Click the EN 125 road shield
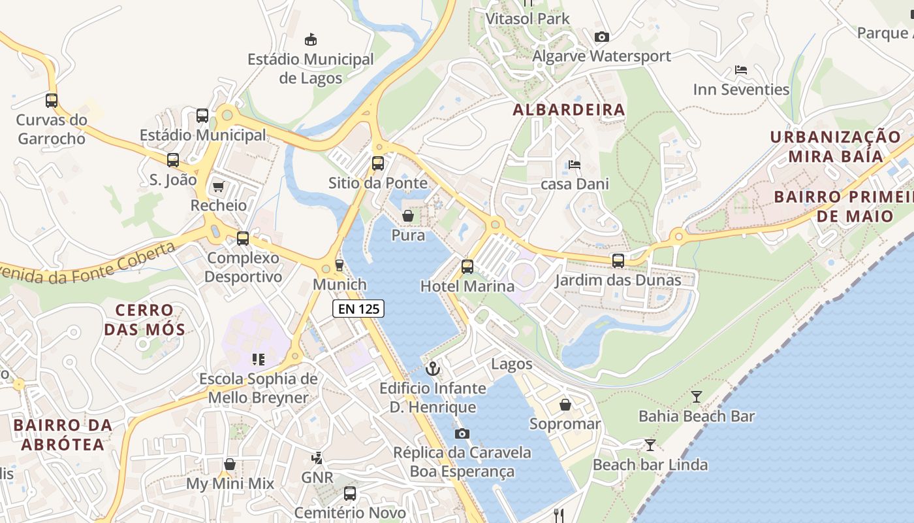pos(358,309)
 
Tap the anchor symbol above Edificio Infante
pos(433,369)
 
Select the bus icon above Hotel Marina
pos(467,267)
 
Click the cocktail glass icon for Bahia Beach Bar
pos(697,397)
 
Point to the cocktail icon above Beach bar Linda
pos(650,446)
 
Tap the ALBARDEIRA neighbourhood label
pos(569,110)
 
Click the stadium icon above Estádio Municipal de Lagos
pos(311,39)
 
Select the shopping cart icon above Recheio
pos(218,187)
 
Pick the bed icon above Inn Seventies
pos(740,70)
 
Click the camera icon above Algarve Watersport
pos(601,37)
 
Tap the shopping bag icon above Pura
pos(408,216)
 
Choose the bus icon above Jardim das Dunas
pos(618,261)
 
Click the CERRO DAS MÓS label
pos(144,319)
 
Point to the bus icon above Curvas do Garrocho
pos(52,101)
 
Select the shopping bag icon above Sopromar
pos(565,405)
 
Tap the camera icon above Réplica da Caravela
pos(462,433)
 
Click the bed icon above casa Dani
pos(574,165)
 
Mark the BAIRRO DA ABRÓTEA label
pos(63,435)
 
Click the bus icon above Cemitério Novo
pos(350,494)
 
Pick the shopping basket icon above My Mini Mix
pos(230,465)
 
